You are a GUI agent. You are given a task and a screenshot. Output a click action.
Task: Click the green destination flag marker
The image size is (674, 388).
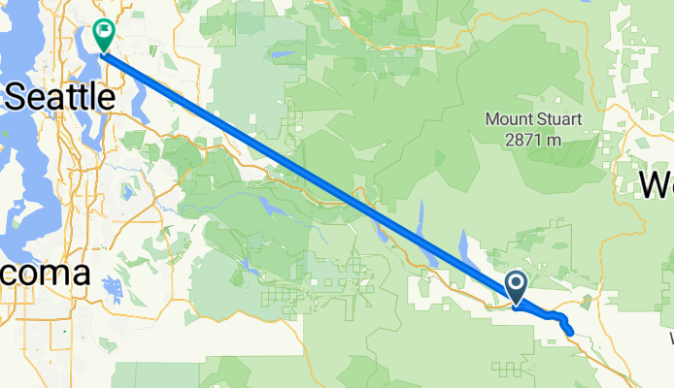103,34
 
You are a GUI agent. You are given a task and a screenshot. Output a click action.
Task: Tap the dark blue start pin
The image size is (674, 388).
516,286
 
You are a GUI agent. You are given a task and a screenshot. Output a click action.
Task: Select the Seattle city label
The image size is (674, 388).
60,97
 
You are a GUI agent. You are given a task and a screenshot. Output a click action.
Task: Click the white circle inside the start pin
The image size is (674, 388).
516,283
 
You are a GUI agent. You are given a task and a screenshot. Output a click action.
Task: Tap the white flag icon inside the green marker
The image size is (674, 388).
103,31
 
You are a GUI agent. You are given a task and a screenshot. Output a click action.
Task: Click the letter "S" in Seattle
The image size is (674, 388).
18,98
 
